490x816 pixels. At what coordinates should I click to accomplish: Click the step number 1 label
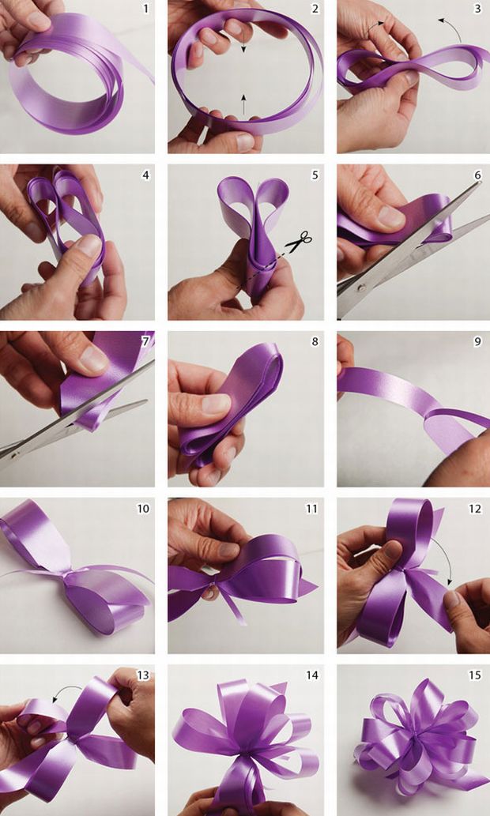click(x=145, y=9)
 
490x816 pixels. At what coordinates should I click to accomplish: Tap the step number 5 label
click(x=315, y=175)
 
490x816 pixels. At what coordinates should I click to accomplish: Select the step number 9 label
click(x=477, y=343)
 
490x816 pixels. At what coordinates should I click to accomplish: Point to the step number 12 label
click(x=474, y=509)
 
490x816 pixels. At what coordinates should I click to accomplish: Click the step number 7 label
click(x=145, y=343)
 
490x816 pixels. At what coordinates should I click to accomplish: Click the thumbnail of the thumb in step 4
click(x=90, y=246)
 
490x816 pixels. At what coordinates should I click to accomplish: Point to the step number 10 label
click(x=142, y=509)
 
